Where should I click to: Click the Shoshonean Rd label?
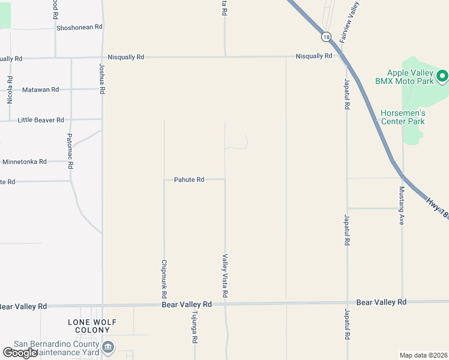click(79, 28)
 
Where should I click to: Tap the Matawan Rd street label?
click(40, 90)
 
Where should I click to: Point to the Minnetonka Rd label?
click(25, 162)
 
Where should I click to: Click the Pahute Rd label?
click(189, 179)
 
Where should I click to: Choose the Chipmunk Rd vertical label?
click(164, 279)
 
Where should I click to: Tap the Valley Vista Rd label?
click(225, 276)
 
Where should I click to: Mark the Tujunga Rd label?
click(194, 328)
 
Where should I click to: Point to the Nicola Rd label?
click(10, 89)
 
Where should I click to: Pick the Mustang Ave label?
click(402, 205)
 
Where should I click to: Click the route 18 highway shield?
click(326, 37)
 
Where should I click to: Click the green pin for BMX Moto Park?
click(442, 76)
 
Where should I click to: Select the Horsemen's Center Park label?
click(403, 117)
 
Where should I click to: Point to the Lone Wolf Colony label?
click(92, 326)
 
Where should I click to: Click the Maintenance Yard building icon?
click(109, 346)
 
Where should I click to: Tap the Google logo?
click(20, 353)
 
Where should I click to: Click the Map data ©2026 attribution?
click(424, 355)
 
